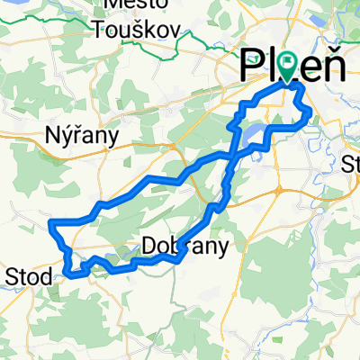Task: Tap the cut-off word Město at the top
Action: (x=135, y=4)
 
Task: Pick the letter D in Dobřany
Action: (x=149, y=245)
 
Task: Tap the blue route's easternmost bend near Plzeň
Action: (x=311, y=112)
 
